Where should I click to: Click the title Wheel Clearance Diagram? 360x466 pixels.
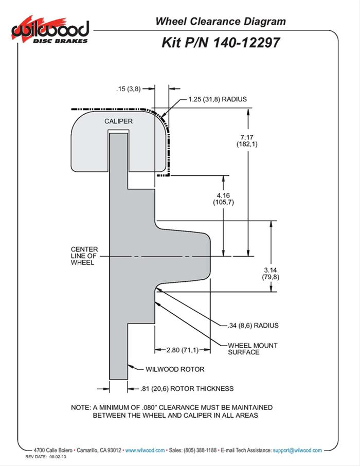(x=220, y=21)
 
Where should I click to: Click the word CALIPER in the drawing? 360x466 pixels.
(x=119, y=121)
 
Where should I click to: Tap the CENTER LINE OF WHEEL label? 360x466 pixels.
(x=84, y=256)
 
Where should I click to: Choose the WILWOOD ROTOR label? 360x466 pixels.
(x=175, y=369)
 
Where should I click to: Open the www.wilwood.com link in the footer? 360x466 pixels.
(x=145, y=450)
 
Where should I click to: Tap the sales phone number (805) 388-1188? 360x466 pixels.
(x=197, y=450)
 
